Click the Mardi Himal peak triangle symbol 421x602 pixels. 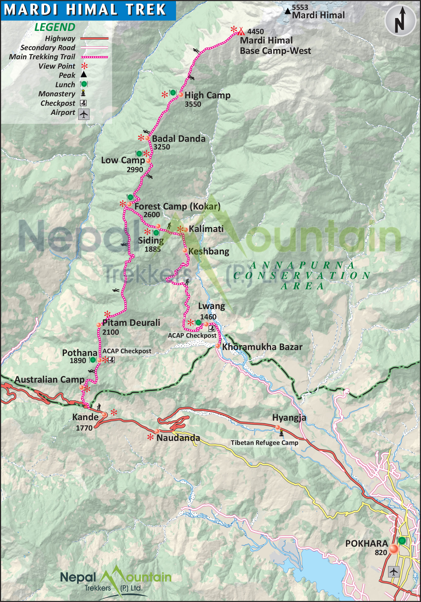pyautogui.click(x=288, y=11)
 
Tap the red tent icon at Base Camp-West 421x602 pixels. pyautogui.click(x=241, y=31)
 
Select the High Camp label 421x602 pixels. pyautogui.click(x=207, y=95)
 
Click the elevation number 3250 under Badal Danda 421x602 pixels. pyautogui.click(x=161, y=147)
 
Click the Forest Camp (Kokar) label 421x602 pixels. pyautogui.click(x=177, y=206)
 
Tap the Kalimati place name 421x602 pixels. pyautogui.click(x=206, y=229)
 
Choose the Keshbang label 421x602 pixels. pyautogui.click(x=209, y=251)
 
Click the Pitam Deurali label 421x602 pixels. pyautogui.click(x=131, y=323)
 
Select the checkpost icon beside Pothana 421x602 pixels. pyautogui.click(x=111, y=360)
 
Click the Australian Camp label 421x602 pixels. pyautogui.click(x=50, y=379)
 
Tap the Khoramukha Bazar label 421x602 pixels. pyautogui.click(x=262, y=347)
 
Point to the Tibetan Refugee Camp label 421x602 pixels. pyautogui.click(x=264, y=443)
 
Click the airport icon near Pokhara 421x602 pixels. pyautogui.click(x=394, y=572)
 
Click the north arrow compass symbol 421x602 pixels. pyautogui.click(x=400, y=20)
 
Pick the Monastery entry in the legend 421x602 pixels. pyautogui.click(x=57, y=94)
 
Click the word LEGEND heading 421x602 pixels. pyautogui.click(x=55, y=27)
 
